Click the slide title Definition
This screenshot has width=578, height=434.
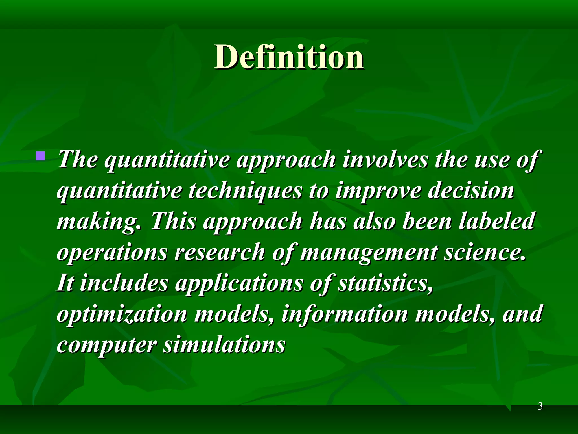[x=288, y=57]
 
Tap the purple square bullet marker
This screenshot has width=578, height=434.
[x=41, y=156]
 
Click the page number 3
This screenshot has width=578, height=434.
[x=540, y=406]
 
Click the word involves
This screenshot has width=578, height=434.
[x=385, y=159]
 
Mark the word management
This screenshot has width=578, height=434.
[x=369, y=252]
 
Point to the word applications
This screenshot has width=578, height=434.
[x=239, y=283]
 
